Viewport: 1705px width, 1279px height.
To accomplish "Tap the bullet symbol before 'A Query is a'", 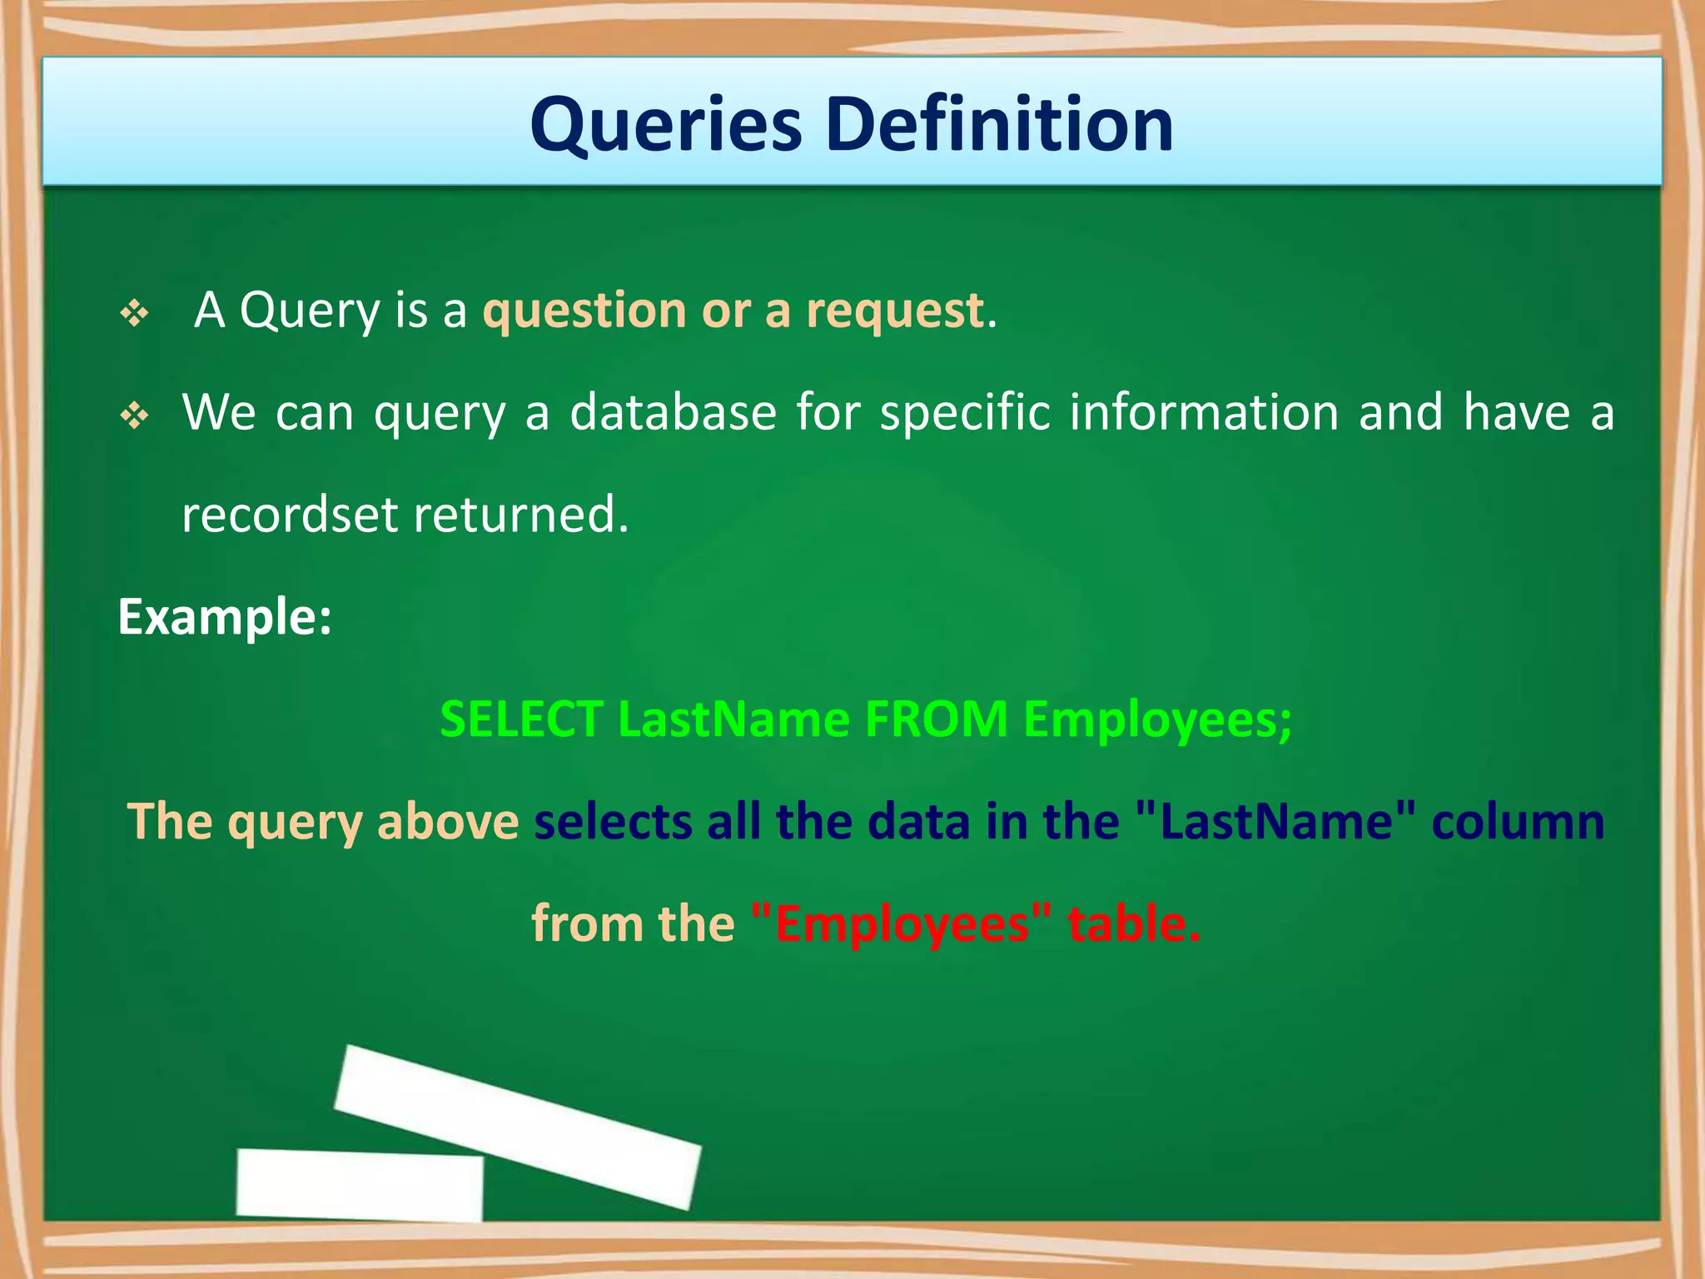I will [x=134, y=314].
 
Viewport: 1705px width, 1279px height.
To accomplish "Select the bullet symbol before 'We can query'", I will [x=134, y=415].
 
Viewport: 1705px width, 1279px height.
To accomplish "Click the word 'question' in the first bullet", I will [x=584, y=311].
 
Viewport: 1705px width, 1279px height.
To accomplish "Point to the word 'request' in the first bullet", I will [x=895, y=312].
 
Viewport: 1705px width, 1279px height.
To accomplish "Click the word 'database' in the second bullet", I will [x=673, y=412].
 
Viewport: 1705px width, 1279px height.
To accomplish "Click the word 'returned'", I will [x=520, y=515].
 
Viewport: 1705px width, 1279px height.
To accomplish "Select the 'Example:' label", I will [x=225, y=617].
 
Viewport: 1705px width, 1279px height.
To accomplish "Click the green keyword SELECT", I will [x=521, y=719].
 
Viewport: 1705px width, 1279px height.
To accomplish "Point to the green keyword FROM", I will [x=936, y=719].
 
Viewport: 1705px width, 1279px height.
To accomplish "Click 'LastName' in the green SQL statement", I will [x=733, y=719].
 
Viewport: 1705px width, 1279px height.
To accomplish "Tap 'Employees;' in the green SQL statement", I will [x=1157, y=720].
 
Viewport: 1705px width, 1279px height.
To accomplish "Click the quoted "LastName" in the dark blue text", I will [x=1275, y=822].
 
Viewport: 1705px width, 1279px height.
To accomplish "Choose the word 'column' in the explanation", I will [x=1518, y=822].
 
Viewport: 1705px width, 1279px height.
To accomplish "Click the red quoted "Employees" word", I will [x=901, y=924].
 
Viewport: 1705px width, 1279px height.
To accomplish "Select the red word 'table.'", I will [x=1134, y=924].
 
